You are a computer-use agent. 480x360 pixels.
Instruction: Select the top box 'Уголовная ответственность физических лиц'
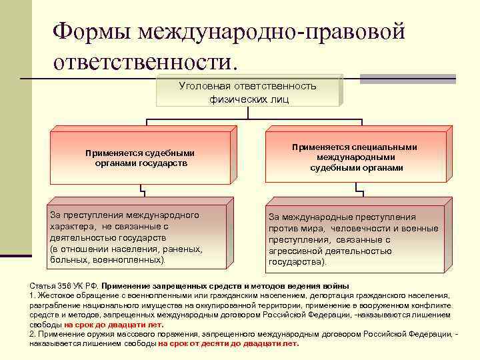pos(248,92)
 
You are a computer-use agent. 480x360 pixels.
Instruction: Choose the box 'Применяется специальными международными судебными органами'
pos(356,157)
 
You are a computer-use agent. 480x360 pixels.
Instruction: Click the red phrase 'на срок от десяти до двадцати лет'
pos(229,343)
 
